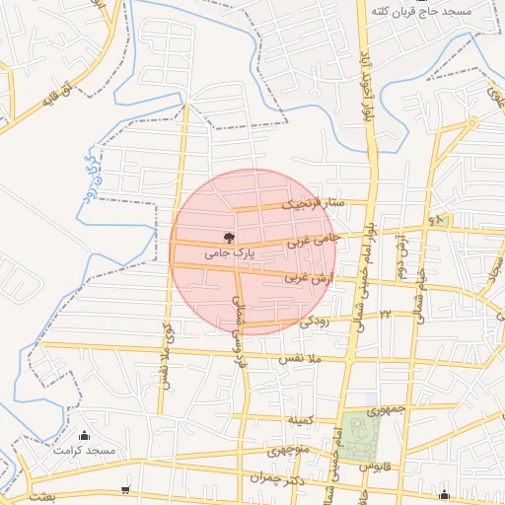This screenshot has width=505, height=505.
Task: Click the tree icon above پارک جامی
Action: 230,237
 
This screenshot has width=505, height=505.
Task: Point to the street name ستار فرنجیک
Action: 313,204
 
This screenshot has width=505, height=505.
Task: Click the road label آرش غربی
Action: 306,279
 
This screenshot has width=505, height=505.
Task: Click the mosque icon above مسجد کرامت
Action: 84,436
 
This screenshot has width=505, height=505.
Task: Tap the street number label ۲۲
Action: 387,312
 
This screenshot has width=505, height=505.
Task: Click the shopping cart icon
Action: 124,489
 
